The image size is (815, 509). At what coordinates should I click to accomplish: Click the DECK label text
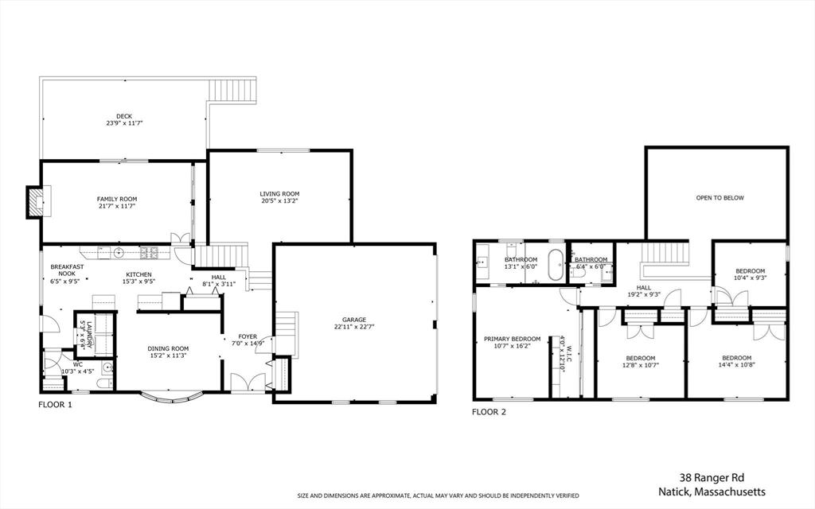click(x=124, y=116)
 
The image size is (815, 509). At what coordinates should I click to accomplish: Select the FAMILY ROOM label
click(x=117, y=199)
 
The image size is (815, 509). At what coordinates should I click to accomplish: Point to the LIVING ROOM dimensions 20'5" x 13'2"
click(x=279, y=201)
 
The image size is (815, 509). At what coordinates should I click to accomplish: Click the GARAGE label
click(x=354, y=320)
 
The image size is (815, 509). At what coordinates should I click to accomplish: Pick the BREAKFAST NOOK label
click(x=62, y=271)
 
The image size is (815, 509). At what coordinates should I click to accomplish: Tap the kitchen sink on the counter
click(x=118, y=253)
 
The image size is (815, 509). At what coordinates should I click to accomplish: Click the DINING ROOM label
click(x=168, y=348)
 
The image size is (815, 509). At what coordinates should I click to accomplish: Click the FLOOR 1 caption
click(x=55, y=405)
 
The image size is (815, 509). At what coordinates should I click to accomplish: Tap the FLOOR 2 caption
click(x=489, y=412)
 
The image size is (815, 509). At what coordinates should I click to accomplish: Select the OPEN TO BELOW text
click(x=719, y=198)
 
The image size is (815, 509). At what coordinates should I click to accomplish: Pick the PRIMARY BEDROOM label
click(x=512, y=340)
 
